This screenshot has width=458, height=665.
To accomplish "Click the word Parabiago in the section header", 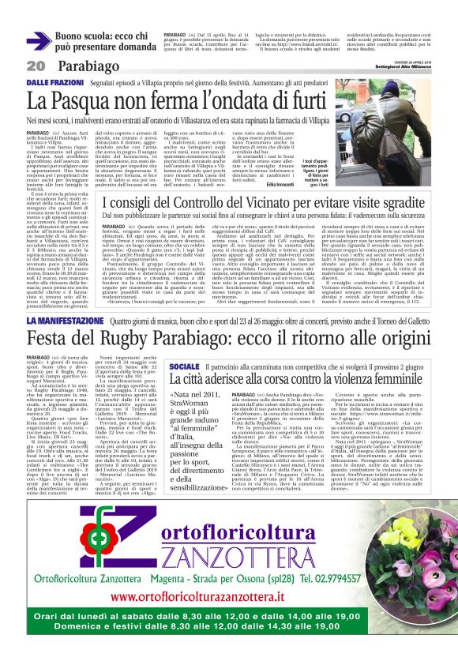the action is pyautogui.click(x=83, y=66).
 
